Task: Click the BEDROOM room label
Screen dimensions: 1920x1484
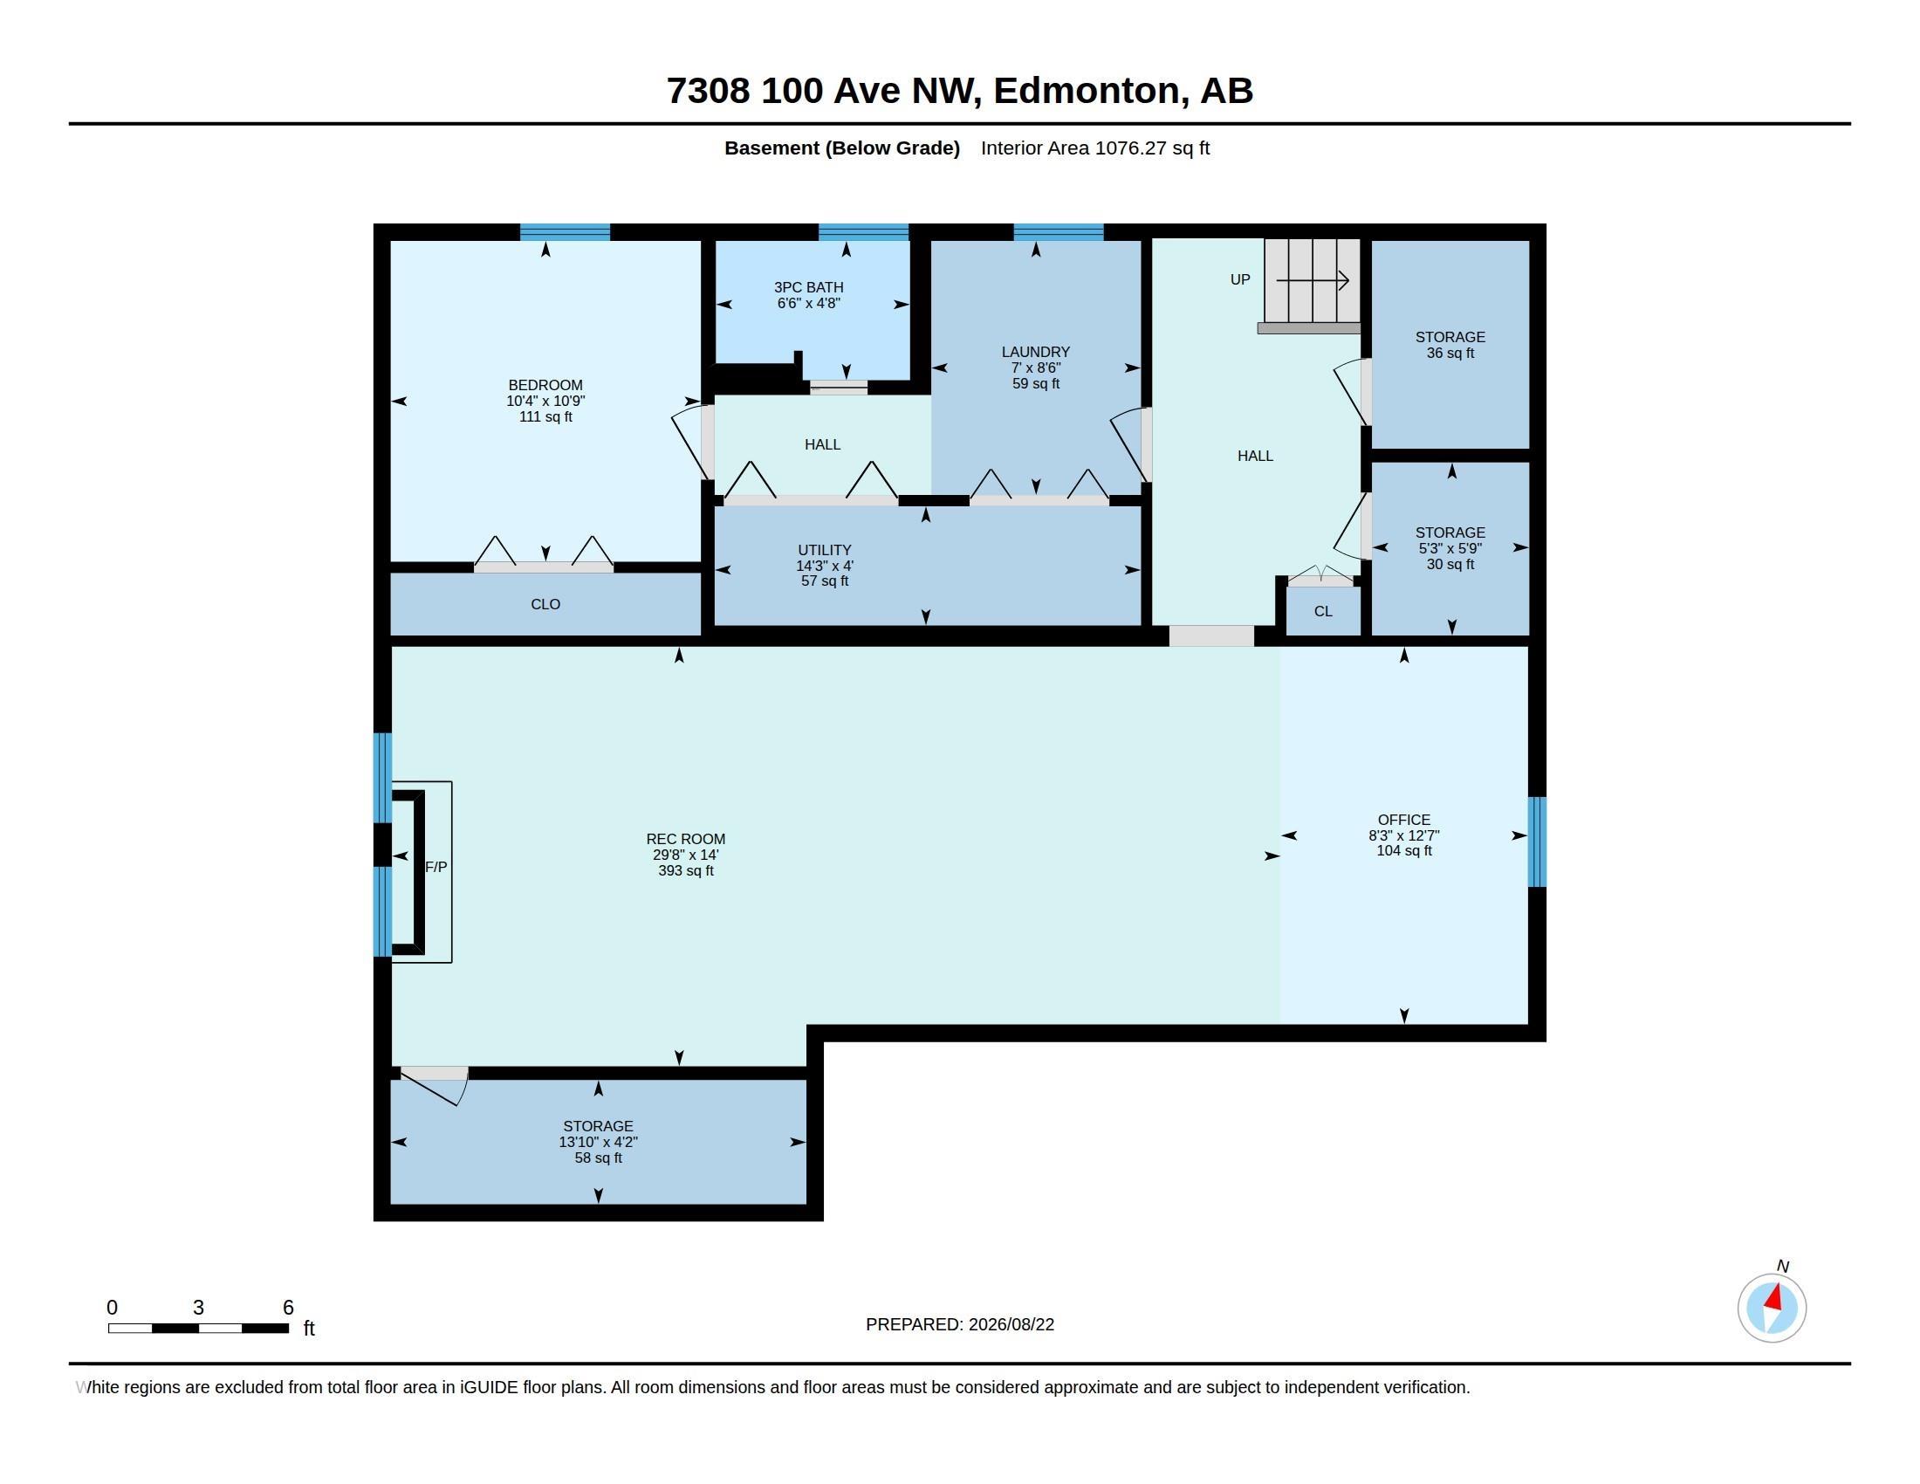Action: pyautogui.click(x=545, y=385)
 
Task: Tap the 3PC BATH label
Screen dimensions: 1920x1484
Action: pyautogui.click(x=809, y=287)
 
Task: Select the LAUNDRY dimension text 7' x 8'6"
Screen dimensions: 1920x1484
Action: pyautogui.click(x=1036, y=368)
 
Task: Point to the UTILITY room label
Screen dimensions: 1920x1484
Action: pyautogui.click(x=824, y=550)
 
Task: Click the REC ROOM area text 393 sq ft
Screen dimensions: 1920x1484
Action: pyautogui.click(x=686, y=871)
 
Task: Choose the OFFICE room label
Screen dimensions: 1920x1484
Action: pyautogui.click(x=1404, y=820)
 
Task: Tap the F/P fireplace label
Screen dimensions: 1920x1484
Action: pyautogui.click(x=436, y=867)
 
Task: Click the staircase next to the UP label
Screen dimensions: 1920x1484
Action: pyautogui.click(x=1313, y=281)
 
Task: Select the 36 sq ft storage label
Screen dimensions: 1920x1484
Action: pyautogui.click(x=1450, y=354)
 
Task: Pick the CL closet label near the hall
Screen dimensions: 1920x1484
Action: pyautogui.click(x=1323, y=611)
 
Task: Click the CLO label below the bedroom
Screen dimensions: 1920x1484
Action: pyautogui.click(x=545, y=604)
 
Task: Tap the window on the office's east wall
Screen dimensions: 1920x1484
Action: pyautogui.click(x=1537, y=842)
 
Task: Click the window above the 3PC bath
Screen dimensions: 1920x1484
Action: pyautogui.click(x=863, y=232)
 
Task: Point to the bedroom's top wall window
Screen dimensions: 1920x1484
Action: pyautogui.click(x=565, y=232)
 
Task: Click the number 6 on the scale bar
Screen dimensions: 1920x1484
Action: pyautogui.click(x=287, y=1308)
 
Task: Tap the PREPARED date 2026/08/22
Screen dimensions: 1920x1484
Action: pyautogui.click(x=1011, y=1324)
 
